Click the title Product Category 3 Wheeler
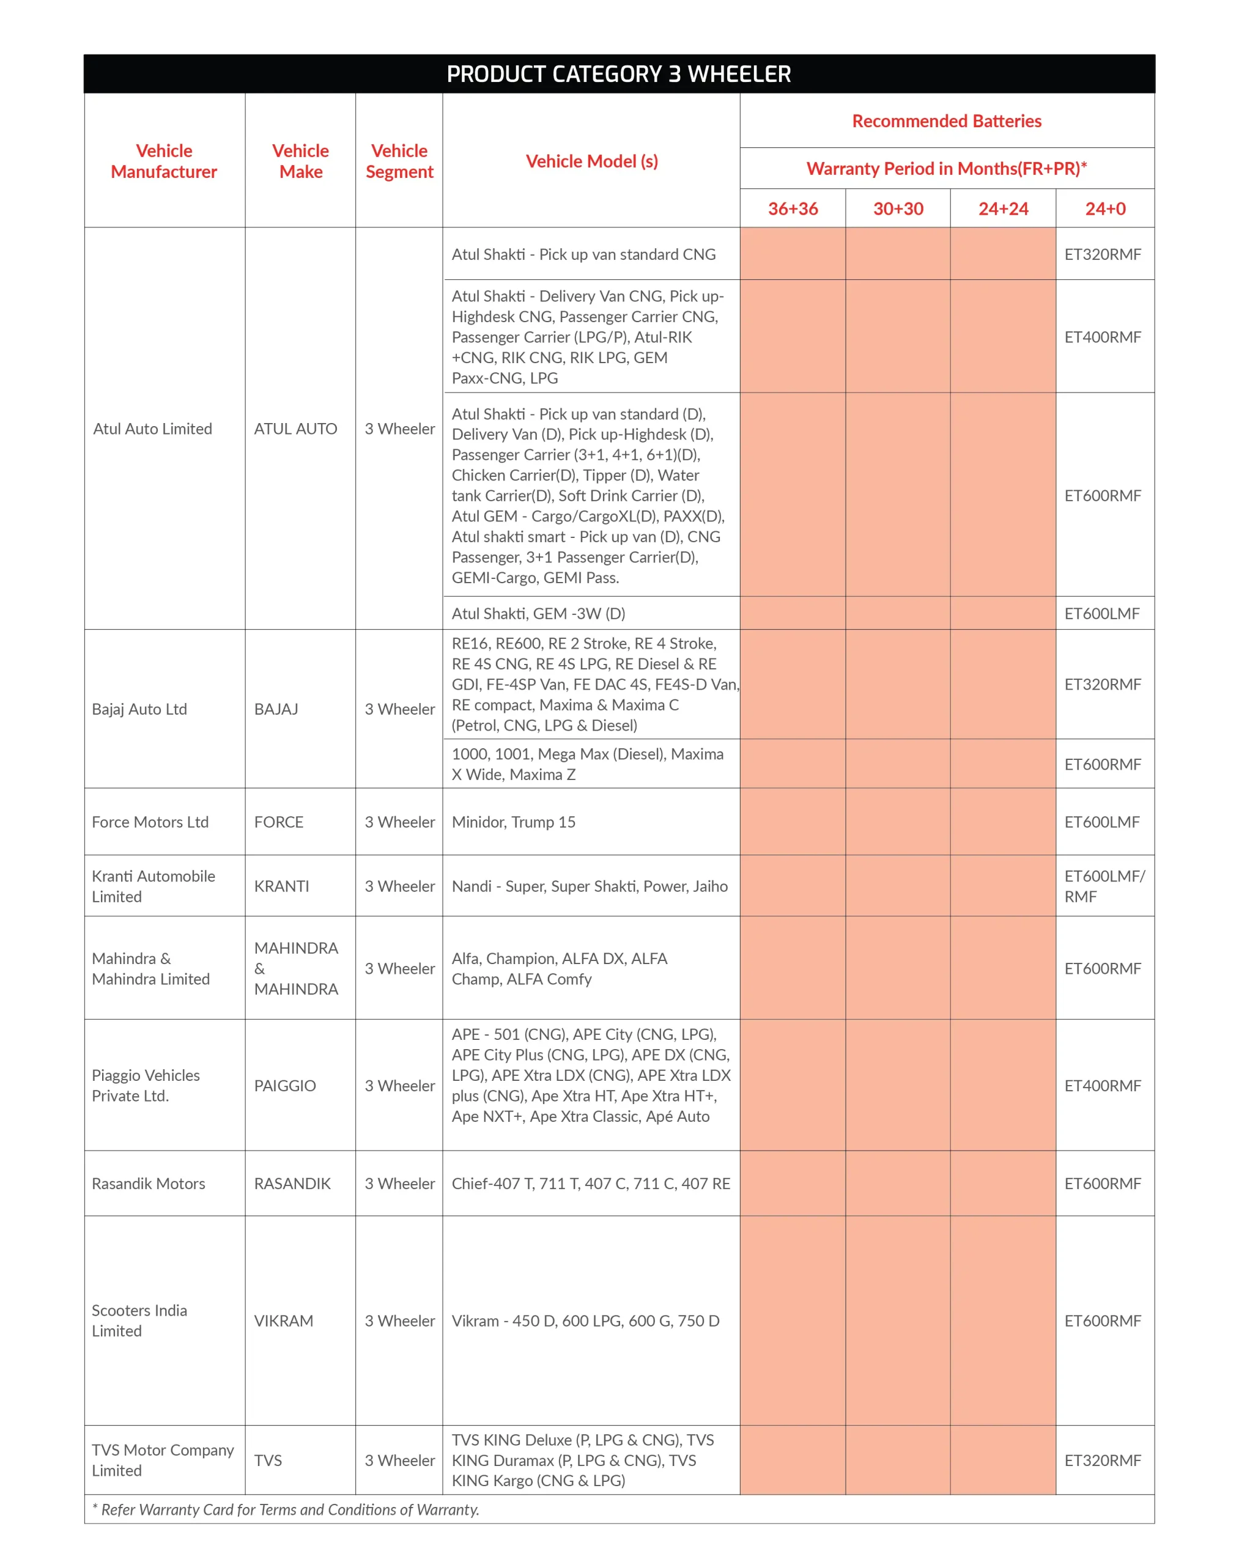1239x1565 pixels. (619, 74)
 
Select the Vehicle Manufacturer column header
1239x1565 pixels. (164, 161)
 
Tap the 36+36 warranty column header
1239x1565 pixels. (793, 209)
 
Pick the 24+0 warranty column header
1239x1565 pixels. (1105, 209)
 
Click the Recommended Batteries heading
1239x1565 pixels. (947, 121)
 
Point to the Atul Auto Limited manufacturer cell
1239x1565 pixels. (153, 429)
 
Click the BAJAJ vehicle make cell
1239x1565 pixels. (276, 709)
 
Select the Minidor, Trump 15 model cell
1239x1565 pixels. (514, 822)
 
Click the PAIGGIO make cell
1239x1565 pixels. (285, 1086)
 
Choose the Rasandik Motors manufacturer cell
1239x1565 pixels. (149, 1184)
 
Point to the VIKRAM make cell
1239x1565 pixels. (284, 1320)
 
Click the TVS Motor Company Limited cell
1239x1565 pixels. (163, 1460)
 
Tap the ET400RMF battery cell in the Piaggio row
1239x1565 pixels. (1103, 1086)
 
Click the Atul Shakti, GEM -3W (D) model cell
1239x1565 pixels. (538, 614)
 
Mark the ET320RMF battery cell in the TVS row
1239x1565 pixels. (1103, 1460)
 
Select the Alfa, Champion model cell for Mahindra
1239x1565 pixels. (560, 969)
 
